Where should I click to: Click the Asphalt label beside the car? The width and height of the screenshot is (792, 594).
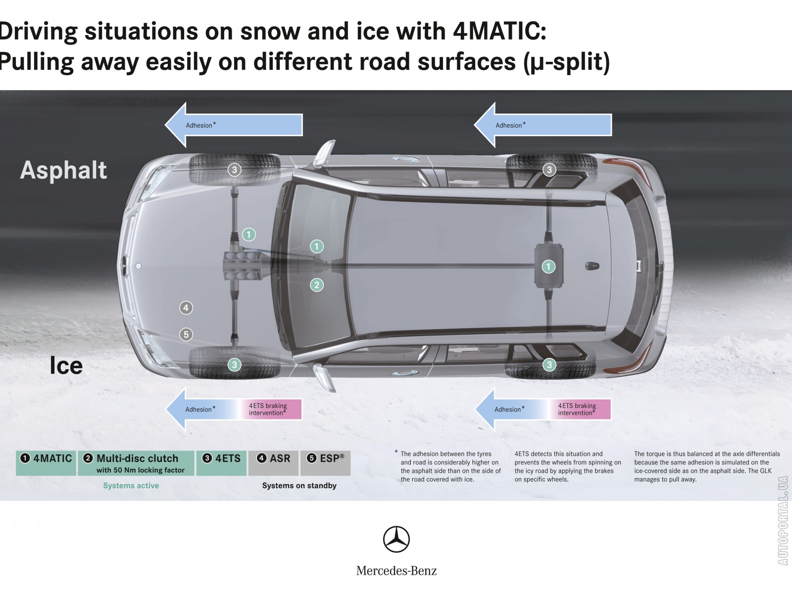tap(63, 170)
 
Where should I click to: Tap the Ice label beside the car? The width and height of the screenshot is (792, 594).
tap(66, 365)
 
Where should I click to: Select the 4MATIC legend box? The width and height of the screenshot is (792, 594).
tap(46, 463)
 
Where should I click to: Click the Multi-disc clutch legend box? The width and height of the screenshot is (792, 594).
tap(136, 463)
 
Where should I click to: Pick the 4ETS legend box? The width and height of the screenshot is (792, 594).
tap(222, 463)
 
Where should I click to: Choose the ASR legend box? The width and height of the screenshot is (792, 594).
tap(273, 463)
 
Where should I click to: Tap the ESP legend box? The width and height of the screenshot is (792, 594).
tap(325, 463)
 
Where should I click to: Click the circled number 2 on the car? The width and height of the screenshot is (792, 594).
tap(317, 285)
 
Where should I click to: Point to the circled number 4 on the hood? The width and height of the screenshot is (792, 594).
tap(186, 308)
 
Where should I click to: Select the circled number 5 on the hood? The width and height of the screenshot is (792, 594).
tap(186, 335)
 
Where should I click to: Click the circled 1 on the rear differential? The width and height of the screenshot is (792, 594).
tap(548, 267)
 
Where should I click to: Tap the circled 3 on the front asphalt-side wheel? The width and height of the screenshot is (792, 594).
tap(235, 169)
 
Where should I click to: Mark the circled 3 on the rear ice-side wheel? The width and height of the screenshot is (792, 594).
tap(549, 365)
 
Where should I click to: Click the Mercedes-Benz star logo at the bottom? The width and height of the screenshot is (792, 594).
tap(396, 539)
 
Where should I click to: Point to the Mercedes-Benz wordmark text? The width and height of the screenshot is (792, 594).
tap(396, 571)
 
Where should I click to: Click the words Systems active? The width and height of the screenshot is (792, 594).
tap(131, 486)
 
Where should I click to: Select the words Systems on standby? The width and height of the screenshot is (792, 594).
tap(299, 486)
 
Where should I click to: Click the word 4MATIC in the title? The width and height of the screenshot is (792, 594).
tap(500, 31)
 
